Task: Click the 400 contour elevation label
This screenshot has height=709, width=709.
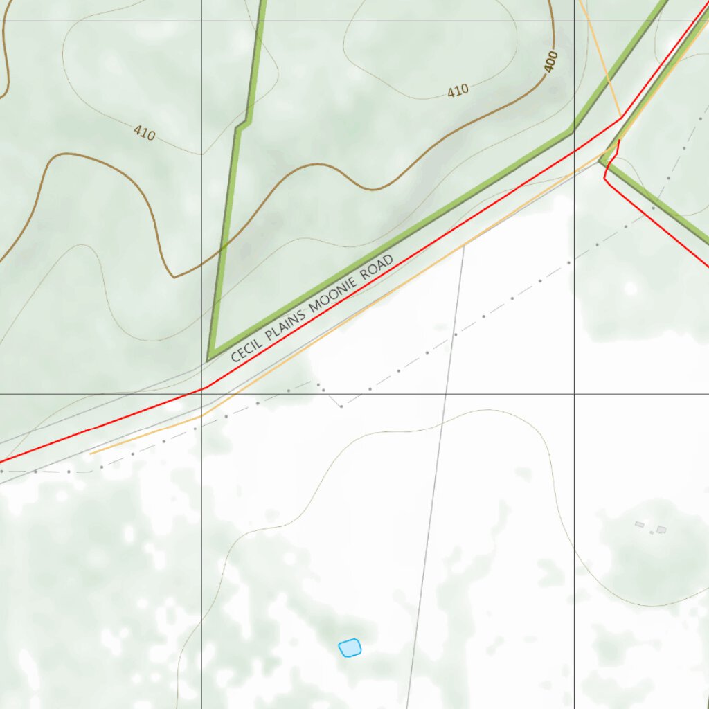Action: coord(551,62)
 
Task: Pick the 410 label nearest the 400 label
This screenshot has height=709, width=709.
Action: coord(458,90)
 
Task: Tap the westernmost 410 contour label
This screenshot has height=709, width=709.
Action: coord(144,133)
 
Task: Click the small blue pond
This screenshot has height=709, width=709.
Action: coord(350,647)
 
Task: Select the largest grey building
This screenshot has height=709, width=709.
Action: coord(661,530)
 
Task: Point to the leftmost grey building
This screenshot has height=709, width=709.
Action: coord(639,525)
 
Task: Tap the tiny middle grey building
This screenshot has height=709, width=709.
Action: coord(652,532)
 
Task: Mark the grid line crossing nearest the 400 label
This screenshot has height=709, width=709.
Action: coord(574,21)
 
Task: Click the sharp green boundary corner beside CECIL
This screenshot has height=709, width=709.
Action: coord(209,359)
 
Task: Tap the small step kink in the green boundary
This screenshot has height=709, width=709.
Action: coord(242,125)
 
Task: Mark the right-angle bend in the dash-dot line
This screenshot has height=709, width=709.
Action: coord(341,406)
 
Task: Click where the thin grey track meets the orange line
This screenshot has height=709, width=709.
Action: coord(463,245)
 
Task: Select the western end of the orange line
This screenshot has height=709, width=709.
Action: coord(91,454)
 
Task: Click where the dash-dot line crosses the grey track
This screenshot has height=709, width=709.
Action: coord(454,334)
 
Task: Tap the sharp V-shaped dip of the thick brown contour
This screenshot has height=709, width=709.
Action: coord(174,277)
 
